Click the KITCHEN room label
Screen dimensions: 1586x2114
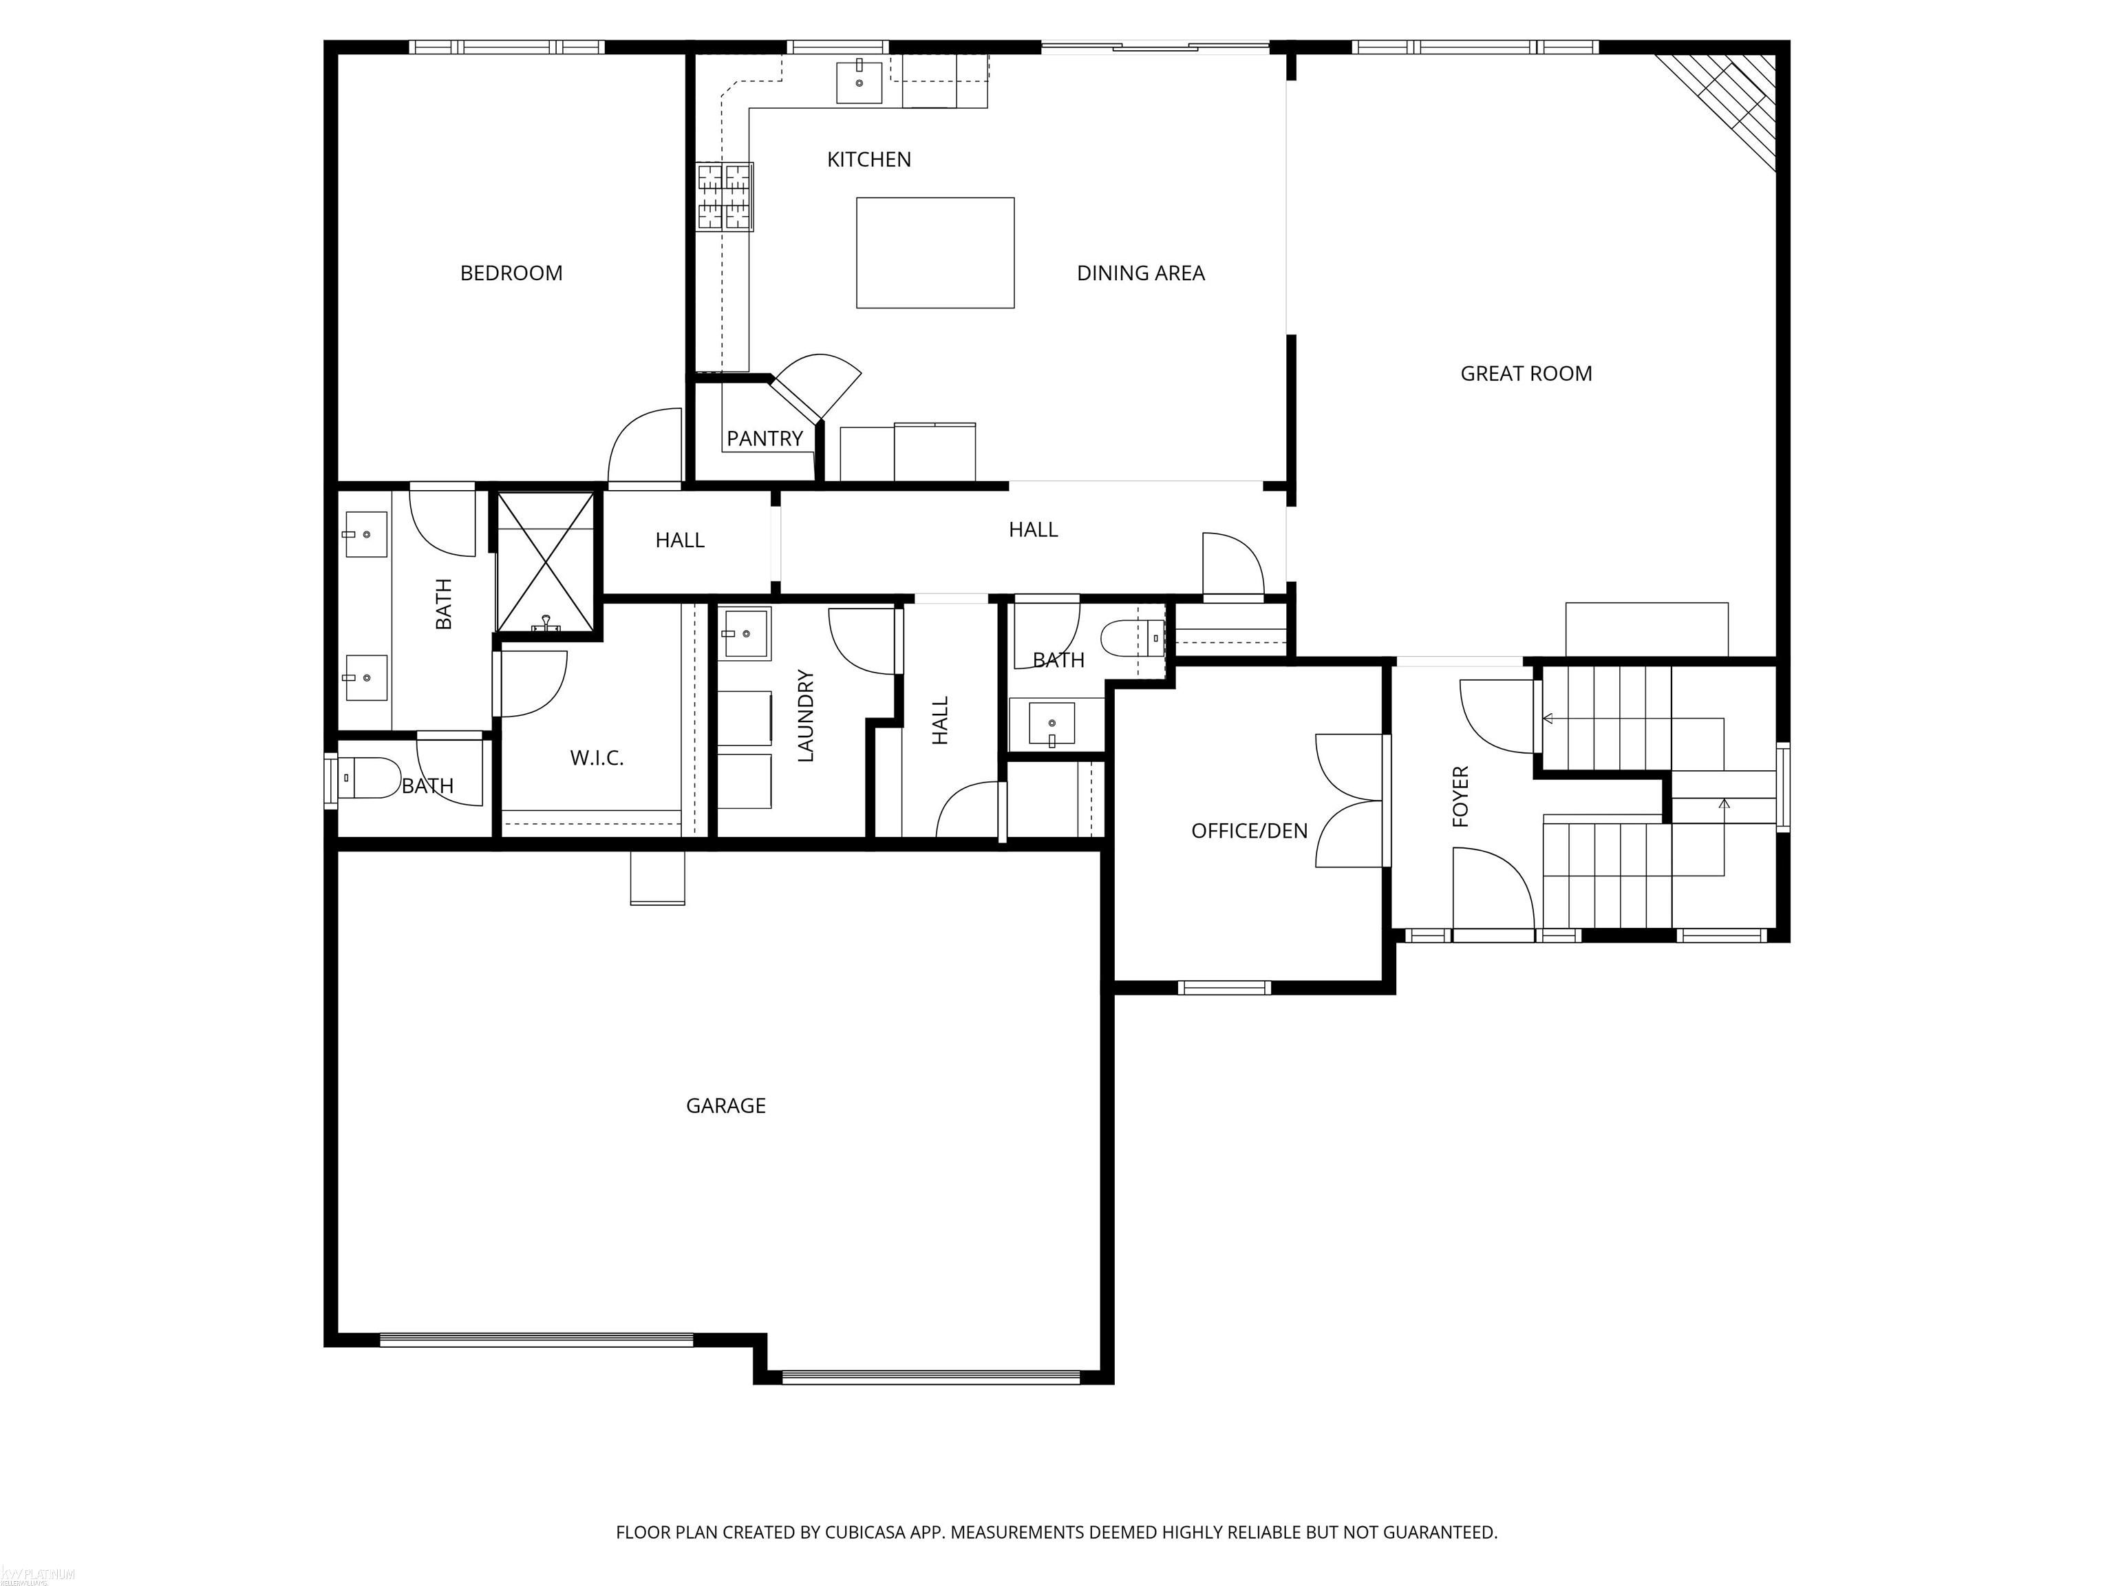(868, 160)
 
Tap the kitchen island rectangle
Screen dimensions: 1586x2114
(934, 253)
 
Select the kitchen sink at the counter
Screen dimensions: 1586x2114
(860, 81)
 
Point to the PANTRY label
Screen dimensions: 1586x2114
(764, 438)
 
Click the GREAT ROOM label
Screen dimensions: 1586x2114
(1526, 374)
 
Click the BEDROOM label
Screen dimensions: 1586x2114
(511, 273)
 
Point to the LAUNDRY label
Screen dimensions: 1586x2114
(806, 716)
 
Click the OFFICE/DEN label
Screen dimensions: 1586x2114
(1248, 832)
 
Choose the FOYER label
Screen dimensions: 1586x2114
(1460, 796)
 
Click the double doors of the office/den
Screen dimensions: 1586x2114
(1349, 801)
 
